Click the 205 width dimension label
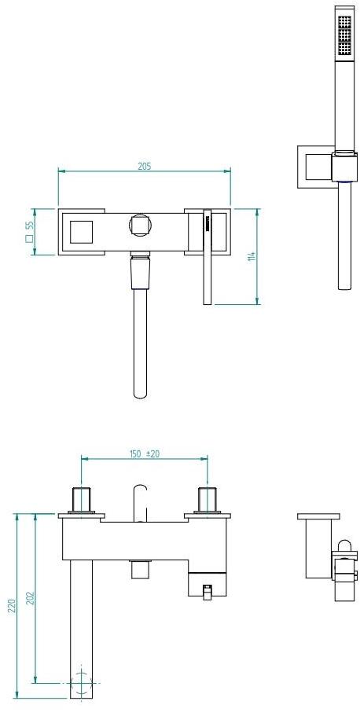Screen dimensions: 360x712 (145, 166)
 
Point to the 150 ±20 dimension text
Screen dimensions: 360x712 (145, 453)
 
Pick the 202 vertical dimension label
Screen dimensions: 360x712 (31, 599)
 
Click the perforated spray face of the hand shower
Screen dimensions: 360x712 (344, 36)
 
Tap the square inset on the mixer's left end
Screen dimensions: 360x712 (81, 232)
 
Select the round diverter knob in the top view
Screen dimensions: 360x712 (139, 225)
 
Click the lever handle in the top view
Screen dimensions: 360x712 (208, 256)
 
